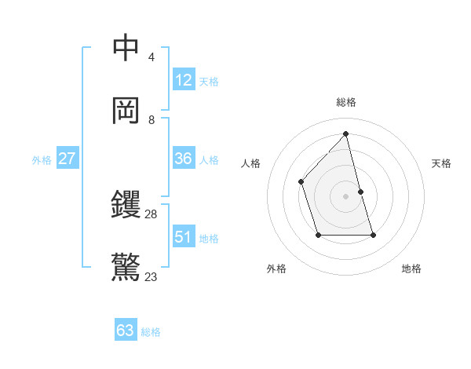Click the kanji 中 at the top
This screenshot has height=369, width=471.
[x=126, y=48]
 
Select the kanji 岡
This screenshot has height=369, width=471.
[x=126, y=111]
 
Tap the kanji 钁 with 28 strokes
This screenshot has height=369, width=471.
[x=126, y=205]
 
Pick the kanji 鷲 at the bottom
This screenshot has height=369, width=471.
[x=126, y=268]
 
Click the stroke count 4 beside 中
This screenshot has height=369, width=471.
[x=152, y=57]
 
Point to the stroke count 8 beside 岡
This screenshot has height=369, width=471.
[x=152, y=120]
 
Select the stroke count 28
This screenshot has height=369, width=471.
[x=152, y=214]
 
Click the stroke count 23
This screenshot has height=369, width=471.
[x=152, y=276]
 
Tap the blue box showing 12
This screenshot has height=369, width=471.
[x=184, y=80]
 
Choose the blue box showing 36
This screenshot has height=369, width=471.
[x=184, y=159]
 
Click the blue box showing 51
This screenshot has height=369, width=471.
[x=184, y=237]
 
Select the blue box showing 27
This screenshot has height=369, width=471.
[x=68, y=159]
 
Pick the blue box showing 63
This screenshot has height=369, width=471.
[x=126, y=331]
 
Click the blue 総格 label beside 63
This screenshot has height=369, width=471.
[x=151, y=332]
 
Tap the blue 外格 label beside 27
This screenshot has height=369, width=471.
[x=42, y=160]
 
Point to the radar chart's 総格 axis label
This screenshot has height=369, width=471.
[x=346, y=102]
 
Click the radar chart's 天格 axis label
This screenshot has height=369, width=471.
[x=441, y=163]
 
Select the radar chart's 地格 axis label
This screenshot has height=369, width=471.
[x=411, y=269]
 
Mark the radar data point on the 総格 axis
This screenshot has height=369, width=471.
[x=346, y=134]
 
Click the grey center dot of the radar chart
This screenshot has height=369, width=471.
[x=346, y=195]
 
